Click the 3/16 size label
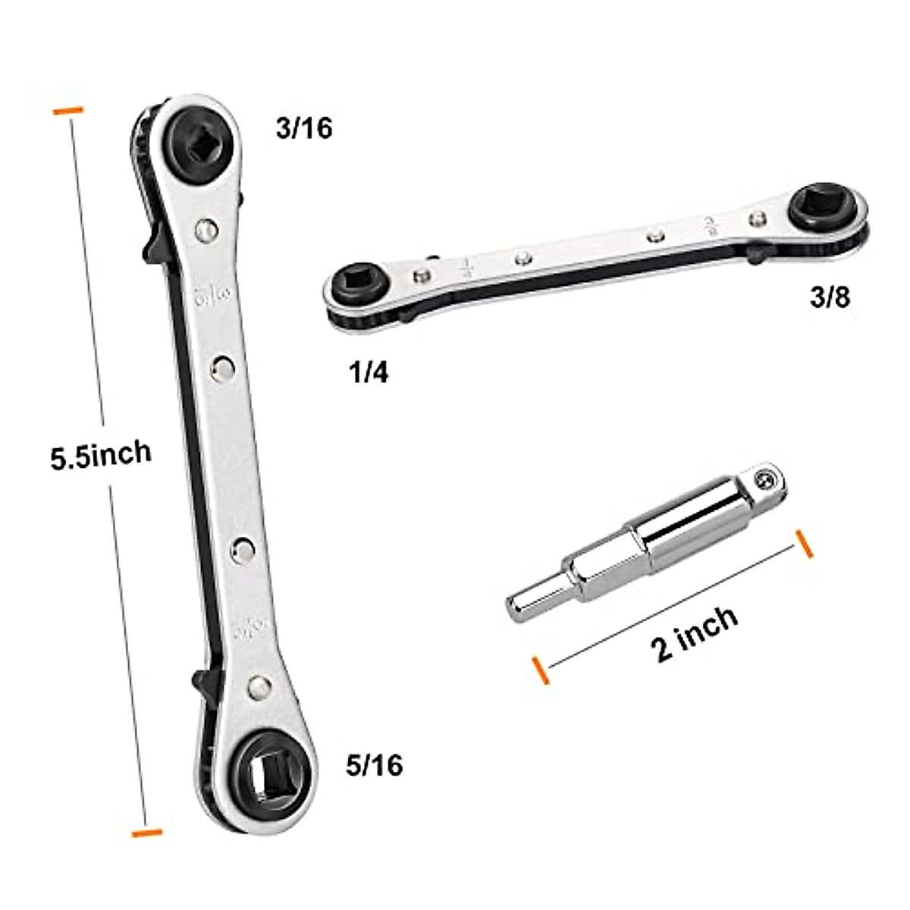click(x=304, y=128)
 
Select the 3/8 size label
click(x=830, y=297)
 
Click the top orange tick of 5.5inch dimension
click(x=67, y=111)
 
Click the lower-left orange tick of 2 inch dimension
click(x=541, y=671)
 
